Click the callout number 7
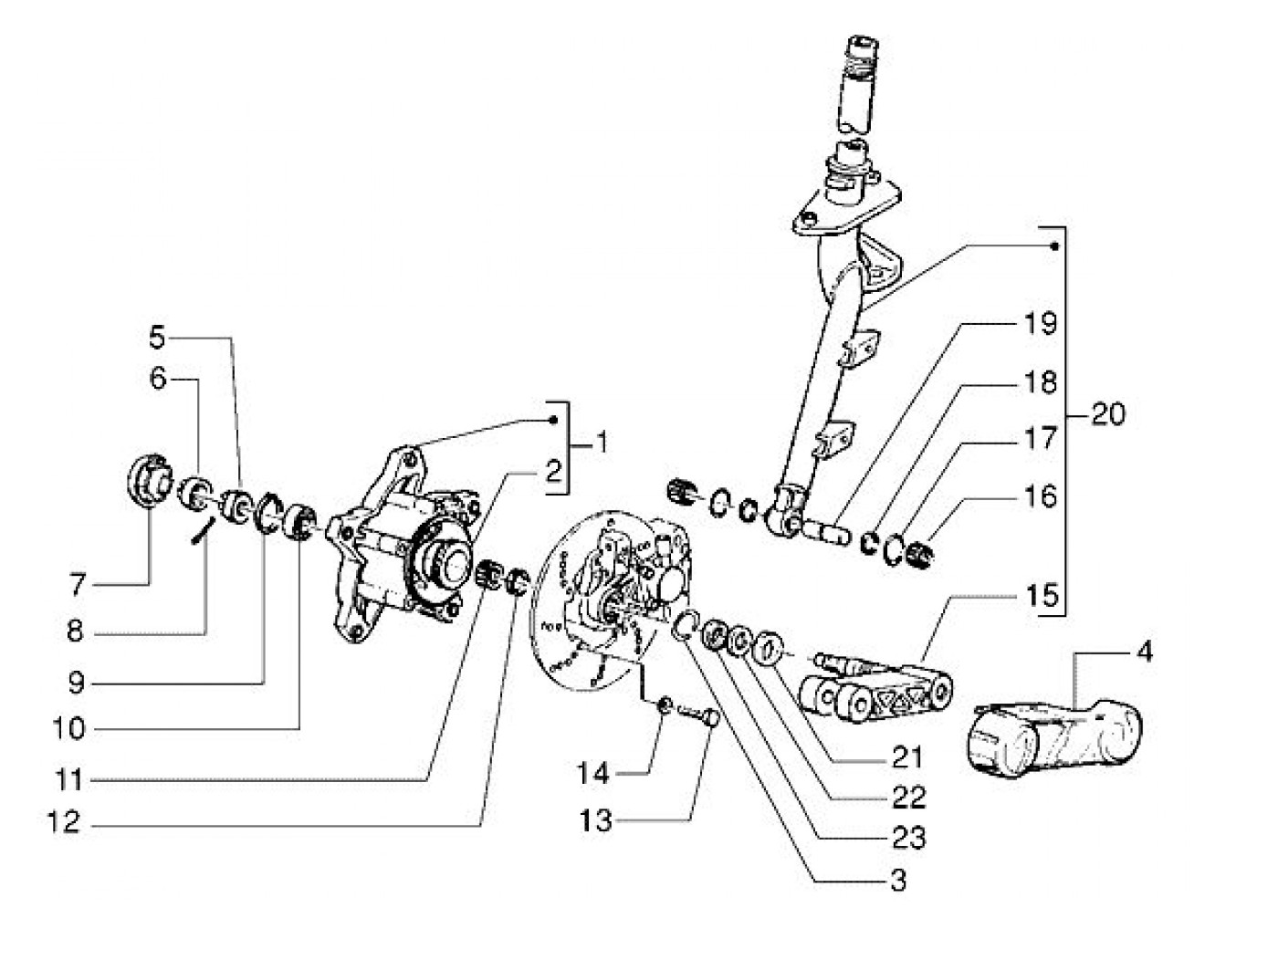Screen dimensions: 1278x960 tap(78, 585)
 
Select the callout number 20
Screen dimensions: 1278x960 tap(1108, 415)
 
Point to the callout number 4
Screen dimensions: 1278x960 tap(1144, 652)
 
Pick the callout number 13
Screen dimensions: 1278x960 tap(595, 821)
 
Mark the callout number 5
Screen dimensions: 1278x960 tap(157, 338)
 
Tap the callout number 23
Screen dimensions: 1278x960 tap(909, 838)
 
